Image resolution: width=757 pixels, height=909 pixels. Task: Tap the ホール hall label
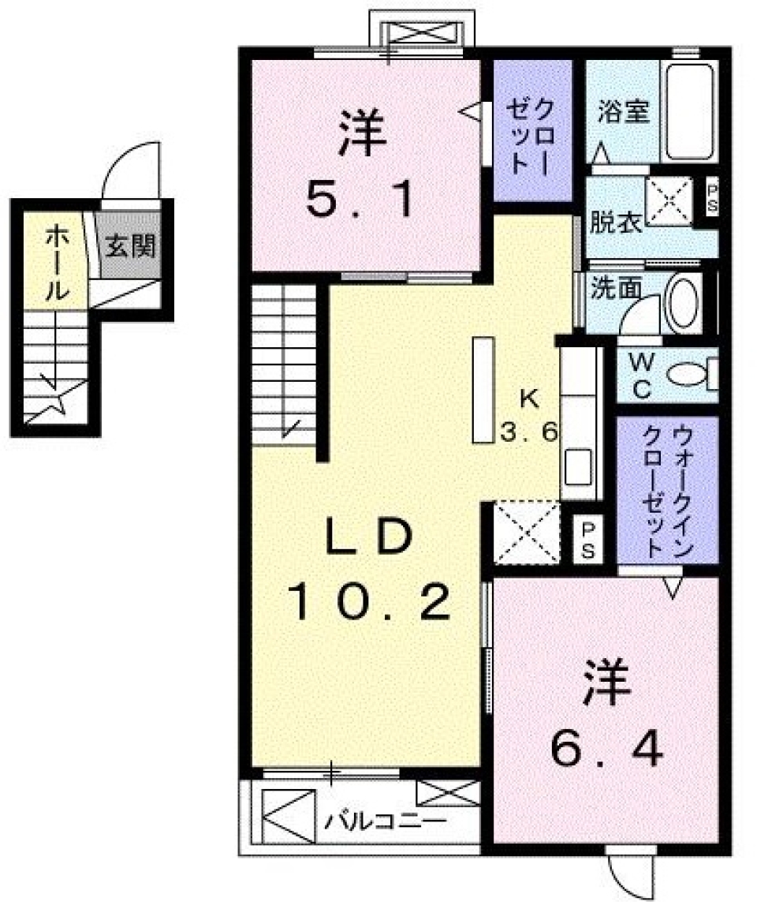click(54, 263)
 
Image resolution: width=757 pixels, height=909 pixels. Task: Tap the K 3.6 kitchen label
click(529, 417)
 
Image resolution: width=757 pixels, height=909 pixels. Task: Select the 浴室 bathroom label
click(623, 113)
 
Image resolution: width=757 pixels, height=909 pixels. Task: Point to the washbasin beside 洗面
click(684, 304)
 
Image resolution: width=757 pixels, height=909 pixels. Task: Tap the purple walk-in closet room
click(667, 491)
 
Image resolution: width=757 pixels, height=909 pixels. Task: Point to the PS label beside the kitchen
click(588, 539)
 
